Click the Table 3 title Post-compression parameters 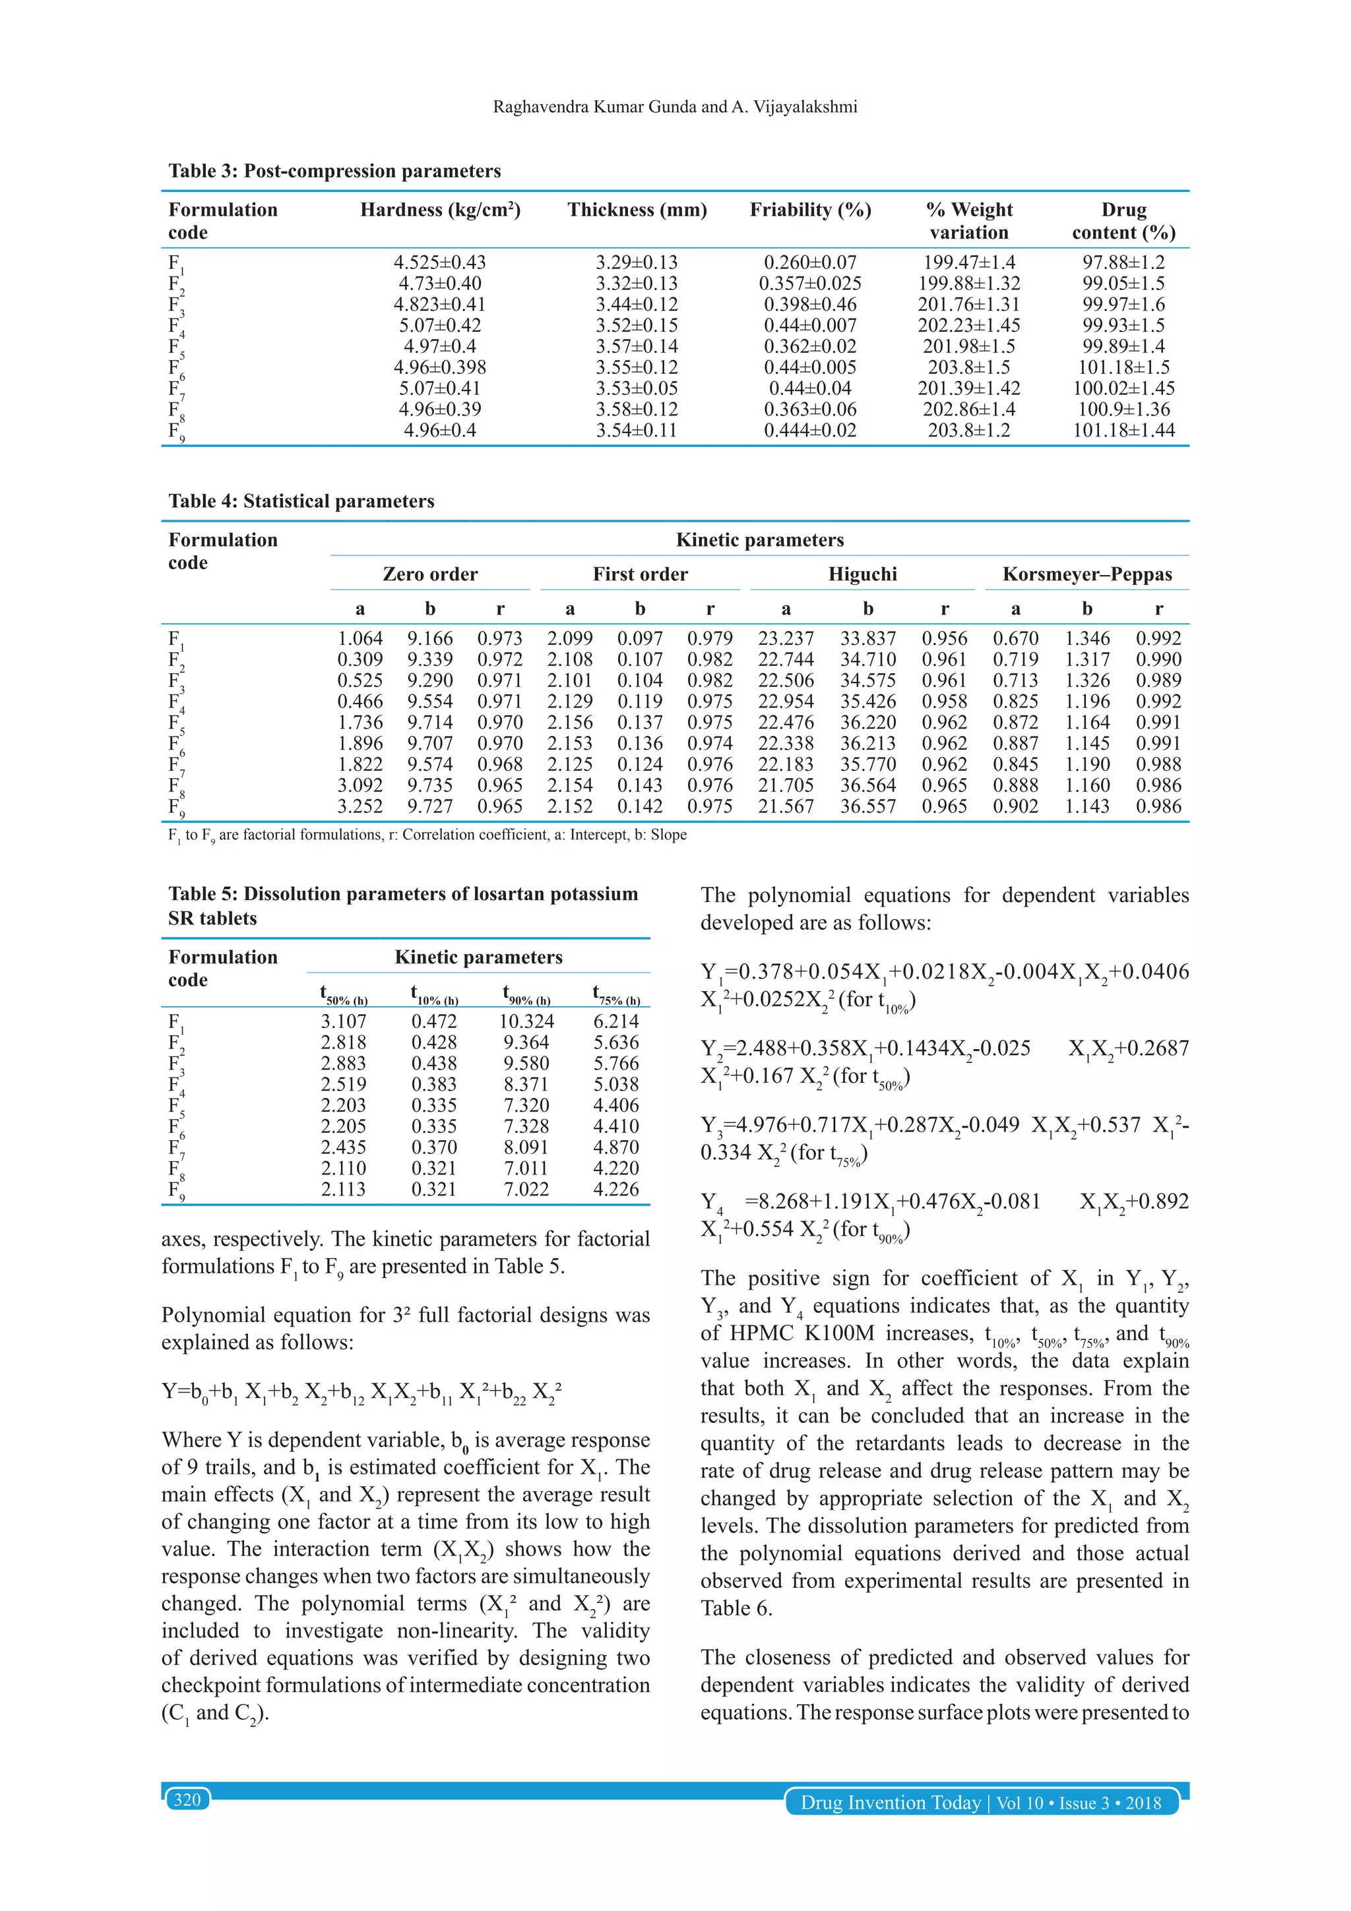(334, 171)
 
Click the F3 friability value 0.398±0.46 (810, 305)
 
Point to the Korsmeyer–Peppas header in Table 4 (1086, 574)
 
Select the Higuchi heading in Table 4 (862, 574)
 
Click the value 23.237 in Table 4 (785, 638)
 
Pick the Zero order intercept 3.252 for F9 (360, 806)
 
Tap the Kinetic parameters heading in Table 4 (759, 540)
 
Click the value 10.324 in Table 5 (526, 1021)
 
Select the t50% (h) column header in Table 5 (344, 994)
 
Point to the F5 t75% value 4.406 (616, 1105)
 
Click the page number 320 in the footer (187, 1800)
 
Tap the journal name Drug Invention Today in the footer (890, 1803)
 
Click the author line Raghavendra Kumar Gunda (675, 107)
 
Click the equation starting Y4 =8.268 (944, 1215)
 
